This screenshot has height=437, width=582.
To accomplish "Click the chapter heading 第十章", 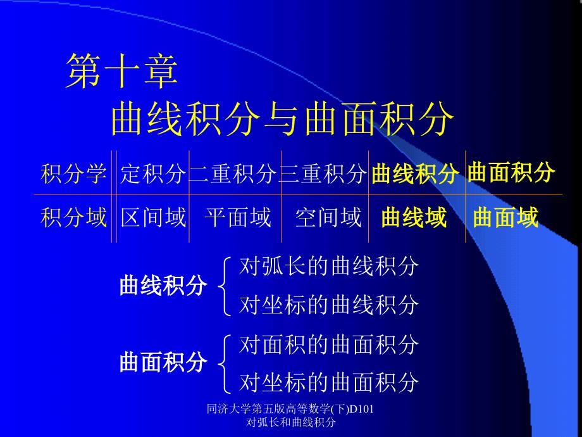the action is point(121,70).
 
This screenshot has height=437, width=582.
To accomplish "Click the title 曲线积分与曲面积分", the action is point(283,119).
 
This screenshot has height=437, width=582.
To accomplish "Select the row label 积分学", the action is point(73,173).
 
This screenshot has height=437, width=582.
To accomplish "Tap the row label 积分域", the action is point(73,217).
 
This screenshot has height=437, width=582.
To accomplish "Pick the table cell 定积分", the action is point(152,173).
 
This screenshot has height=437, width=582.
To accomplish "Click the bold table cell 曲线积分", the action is point(415,173).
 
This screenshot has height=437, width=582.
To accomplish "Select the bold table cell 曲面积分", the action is point(511,172).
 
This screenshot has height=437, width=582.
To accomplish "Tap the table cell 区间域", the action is point(153,217).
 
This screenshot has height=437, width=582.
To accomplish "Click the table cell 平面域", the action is point(238,217).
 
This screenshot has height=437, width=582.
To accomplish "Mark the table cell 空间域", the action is point(328,217).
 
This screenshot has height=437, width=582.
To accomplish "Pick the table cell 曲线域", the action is point(414,217).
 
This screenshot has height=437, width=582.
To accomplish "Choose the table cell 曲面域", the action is point(505,217).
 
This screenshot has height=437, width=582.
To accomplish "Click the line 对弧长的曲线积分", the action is point(329,266).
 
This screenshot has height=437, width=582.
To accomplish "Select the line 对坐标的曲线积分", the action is point(329,305).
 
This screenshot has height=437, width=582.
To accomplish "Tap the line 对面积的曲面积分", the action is point(329,345).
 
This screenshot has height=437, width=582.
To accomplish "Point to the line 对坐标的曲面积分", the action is point(329,383).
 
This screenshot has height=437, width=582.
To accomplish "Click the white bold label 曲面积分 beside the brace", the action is point(163,362).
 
